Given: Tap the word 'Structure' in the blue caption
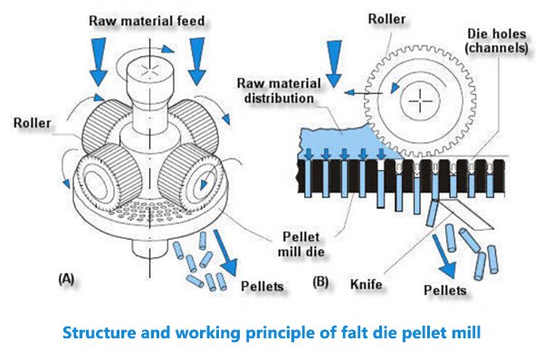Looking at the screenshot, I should [x=97, y=331].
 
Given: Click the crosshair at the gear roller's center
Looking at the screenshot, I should [x=420, y=102].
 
